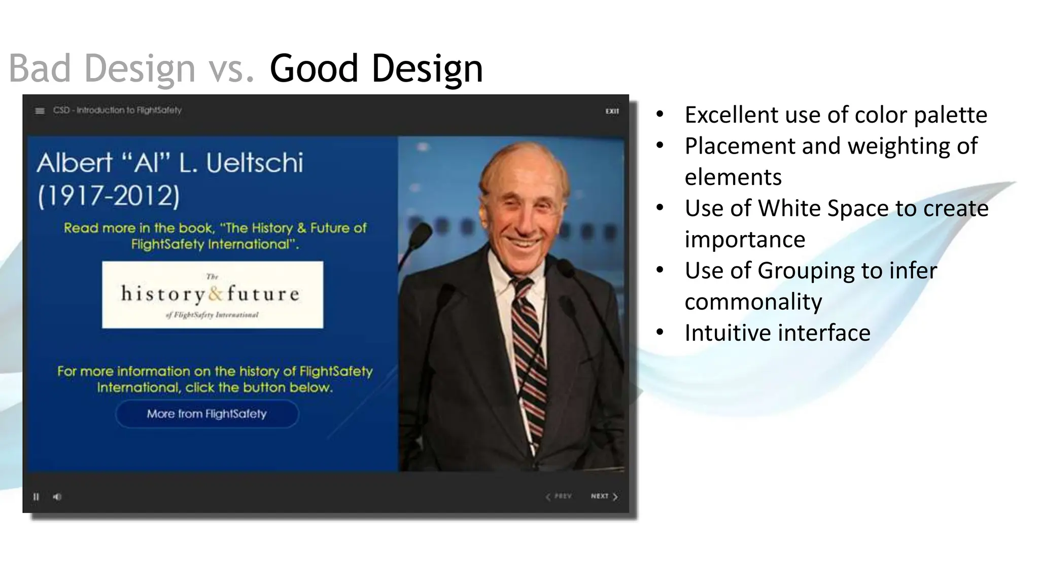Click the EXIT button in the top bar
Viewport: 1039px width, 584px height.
pos(612,111)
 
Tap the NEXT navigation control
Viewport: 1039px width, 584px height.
pos(604,496)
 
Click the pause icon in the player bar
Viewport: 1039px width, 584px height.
pos(36,497)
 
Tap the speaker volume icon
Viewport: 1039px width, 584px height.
pos(57,497)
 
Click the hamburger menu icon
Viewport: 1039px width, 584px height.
pos(40,111)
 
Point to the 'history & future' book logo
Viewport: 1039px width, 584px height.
pos(212,295)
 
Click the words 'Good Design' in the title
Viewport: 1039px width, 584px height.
pos(376,68)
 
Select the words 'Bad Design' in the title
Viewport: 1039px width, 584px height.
pos(102,68)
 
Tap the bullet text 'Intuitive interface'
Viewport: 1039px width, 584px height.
pos(777,333)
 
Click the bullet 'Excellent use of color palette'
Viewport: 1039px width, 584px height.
pos(836,115)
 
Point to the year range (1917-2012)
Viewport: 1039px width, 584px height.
pos(109,196)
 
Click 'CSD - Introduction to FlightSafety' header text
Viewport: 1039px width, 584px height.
pos(117,110)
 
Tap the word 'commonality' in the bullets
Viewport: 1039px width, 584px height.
pos(753,302)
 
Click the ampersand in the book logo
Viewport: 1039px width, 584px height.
pos(216,294)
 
